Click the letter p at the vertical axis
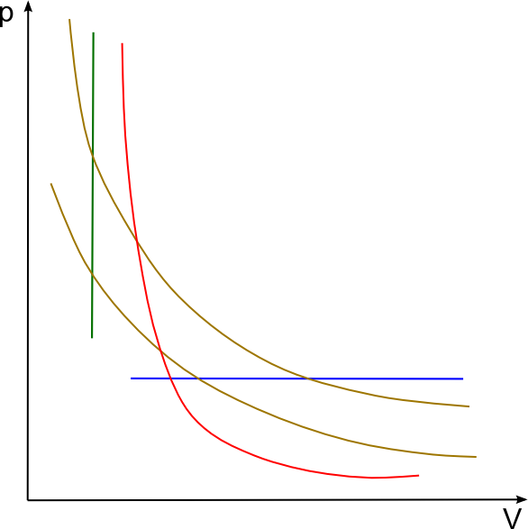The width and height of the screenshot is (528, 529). [x=5, y=15]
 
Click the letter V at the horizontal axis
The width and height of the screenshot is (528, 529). [x=512, y=518]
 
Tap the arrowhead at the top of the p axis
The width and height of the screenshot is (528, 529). [x=29, y=6]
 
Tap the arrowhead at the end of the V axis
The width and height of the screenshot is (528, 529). [x=522, y=499]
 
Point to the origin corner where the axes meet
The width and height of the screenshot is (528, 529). [x=28, y=500]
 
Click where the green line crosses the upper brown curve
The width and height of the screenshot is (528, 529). [x=93, y=156]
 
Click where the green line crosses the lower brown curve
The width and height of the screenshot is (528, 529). [x=92, y=273]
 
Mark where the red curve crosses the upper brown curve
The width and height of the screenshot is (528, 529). [x=137, y=241]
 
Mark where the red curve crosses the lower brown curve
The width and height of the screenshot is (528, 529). [x=160, y=351]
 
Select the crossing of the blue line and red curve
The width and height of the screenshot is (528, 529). [x=170, y=379]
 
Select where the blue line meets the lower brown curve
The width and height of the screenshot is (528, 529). [x=199, y=379]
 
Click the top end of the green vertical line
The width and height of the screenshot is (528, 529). [x=94, y=32]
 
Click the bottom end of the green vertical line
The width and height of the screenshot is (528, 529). [x=92, y=338]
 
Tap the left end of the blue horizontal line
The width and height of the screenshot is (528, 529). [x=131, y=379]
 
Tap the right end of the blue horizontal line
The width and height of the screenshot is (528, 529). [x=463, y=379]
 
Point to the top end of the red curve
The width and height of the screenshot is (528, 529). [x=123, y=43]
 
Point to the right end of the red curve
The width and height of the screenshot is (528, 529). [x=419, y=476]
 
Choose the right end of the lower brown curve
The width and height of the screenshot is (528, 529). [x=476, y=457]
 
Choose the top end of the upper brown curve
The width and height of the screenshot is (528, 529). [x=69, y=19]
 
